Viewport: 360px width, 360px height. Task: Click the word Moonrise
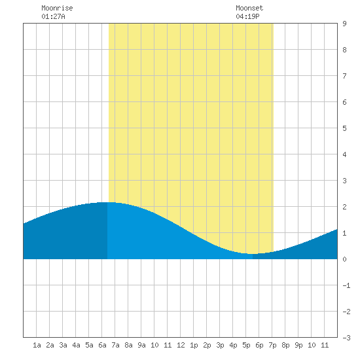pos(57,8)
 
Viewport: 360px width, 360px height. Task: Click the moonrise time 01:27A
pos(53,16)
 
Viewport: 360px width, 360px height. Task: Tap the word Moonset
pos(249,8)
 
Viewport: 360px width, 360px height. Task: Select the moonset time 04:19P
pos(247,16)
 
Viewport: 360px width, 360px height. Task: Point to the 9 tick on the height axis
pos(344,24)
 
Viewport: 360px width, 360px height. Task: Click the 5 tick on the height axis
pos(344,128)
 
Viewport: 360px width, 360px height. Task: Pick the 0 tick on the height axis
pos(344,259)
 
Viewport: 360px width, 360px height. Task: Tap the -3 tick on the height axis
pos(346,338)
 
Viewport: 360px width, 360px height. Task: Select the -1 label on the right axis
pos(346,285)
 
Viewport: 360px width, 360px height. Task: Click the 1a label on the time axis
pos(37,345)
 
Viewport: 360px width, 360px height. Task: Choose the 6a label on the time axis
pos(102,345)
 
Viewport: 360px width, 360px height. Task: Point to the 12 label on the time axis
pos(181,345)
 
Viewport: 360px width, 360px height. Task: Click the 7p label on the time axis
pos(272,345)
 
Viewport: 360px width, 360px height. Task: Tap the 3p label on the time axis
pos(220,345)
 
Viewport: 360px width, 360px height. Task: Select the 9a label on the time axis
pos(141,345)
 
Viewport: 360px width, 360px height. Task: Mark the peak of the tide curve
pos(108,202)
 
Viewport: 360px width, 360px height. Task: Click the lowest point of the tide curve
pos(252,254)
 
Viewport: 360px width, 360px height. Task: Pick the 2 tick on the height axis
pos(344,207)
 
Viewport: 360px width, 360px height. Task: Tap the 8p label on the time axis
pos(285,345)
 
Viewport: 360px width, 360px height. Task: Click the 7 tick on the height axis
pos(344,76)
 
